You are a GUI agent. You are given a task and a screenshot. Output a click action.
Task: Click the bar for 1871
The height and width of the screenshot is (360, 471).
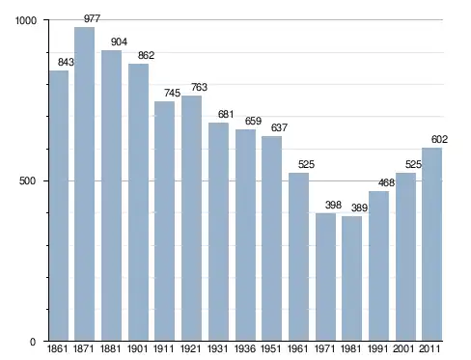click(x=84, y=183)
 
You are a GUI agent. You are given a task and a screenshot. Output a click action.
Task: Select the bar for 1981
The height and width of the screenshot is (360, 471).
click(x=351, y=278)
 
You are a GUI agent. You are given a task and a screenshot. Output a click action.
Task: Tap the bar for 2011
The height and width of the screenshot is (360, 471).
click(x=431, y=244)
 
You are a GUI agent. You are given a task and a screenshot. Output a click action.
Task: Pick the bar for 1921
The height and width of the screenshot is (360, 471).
click(x=191, y=218)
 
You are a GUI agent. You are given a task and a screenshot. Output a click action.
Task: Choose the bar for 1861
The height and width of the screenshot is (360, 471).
click(x=59, y=206)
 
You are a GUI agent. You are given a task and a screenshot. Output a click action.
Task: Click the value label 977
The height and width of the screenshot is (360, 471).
click(x=93, y=18)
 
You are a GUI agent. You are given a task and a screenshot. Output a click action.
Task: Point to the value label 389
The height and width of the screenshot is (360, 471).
click(x=359, y=208)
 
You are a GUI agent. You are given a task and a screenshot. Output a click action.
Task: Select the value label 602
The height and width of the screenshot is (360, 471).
click(x=439, y=139)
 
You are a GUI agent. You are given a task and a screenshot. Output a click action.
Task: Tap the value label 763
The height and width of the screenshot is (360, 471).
click(x=199, y=87)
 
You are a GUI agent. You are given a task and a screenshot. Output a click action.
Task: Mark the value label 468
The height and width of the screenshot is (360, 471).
click(x=386, y=182)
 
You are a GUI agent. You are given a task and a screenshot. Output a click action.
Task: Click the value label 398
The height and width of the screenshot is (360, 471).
click(x=333, y=205)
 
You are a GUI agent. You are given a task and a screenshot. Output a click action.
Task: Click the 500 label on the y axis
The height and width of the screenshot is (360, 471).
click(x=27, y=180)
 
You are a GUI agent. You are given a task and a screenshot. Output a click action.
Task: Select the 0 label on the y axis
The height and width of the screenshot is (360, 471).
click(x=33, y=342)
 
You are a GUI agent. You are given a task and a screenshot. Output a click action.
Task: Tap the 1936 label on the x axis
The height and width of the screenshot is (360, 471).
click(x=245, y=348)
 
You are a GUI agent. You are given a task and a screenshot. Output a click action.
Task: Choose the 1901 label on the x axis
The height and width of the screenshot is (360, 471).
click(x=138, y=348)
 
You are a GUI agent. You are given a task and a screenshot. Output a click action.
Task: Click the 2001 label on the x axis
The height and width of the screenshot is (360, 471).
click(x=404, y=348)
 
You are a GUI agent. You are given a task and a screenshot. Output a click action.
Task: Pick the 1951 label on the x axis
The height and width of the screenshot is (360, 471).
click(x=271, y=348)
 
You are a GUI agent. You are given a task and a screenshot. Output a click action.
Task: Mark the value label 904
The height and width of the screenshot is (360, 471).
click(x=119, y=42)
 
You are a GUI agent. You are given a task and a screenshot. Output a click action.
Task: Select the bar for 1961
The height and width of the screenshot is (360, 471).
click(x=298, y=257)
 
